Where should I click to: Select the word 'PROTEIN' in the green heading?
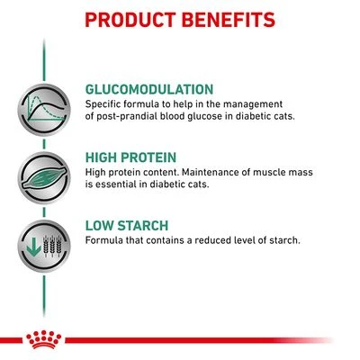pos(154,157)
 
